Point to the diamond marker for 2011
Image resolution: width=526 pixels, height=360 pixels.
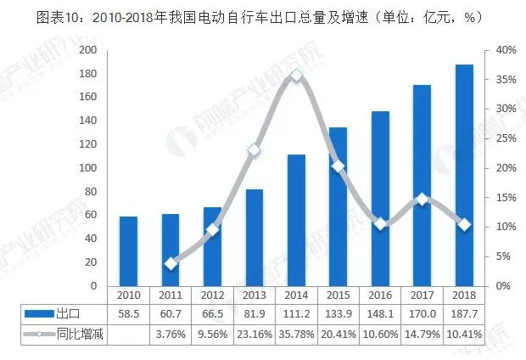(x=171, y=263)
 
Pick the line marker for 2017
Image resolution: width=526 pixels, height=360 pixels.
(x=422, y=200)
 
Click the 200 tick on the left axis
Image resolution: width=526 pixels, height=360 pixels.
(x=87, y=50)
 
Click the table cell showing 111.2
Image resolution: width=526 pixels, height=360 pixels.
(x=297, y=315)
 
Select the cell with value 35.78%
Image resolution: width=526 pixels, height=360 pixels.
(x=297, y=335)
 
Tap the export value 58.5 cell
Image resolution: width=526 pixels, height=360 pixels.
(x=128, y=315)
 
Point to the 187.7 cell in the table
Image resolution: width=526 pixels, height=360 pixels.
(x=464, y=315)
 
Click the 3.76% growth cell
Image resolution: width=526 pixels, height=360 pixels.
(x=171, y=335)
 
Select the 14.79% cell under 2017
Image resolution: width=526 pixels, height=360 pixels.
(x=422, y=335)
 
